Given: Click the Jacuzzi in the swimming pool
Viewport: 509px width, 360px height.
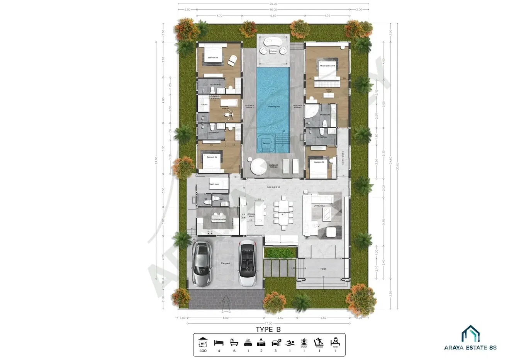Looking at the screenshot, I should [266, 142].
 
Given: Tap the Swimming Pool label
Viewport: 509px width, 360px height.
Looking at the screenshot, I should [273, 106].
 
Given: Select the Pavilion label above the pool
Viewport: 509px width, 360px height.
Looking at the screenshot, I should [273, 51].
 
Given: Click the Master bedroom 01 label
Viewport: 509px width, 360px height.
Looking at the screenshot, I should [327, 66].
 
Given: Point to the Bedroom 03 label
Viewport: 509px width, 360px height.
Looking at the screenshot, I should [213, 58].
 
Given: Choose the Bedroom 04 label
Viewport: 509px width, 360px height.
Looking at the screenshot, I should [212, 157].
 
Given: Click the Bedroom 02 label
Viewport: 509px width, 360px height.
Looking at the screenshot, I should [319, 162].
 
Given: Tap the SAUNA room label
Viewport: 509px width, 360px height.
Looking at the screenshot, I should [204, 105].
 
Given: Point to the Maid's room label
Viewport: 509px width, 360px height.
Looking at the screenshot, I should [214, 184].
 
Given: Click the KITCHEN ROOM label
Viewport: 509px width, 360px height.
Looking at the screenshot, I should [219, 219].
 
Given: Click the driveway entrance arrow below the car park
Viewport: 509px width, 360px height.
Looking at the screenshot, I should [226, 304].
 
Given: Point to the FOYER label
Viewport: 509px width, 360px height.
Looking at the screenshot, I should [323, 269].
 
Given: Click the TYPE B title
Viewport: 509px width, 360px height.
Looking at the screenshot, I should [268, 329].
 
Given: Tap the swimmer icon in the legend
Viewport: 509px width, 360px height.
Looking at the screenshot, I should [290, 342].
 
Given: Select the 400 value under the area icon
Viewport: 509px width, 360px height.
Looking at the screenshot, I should [203, 351].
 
